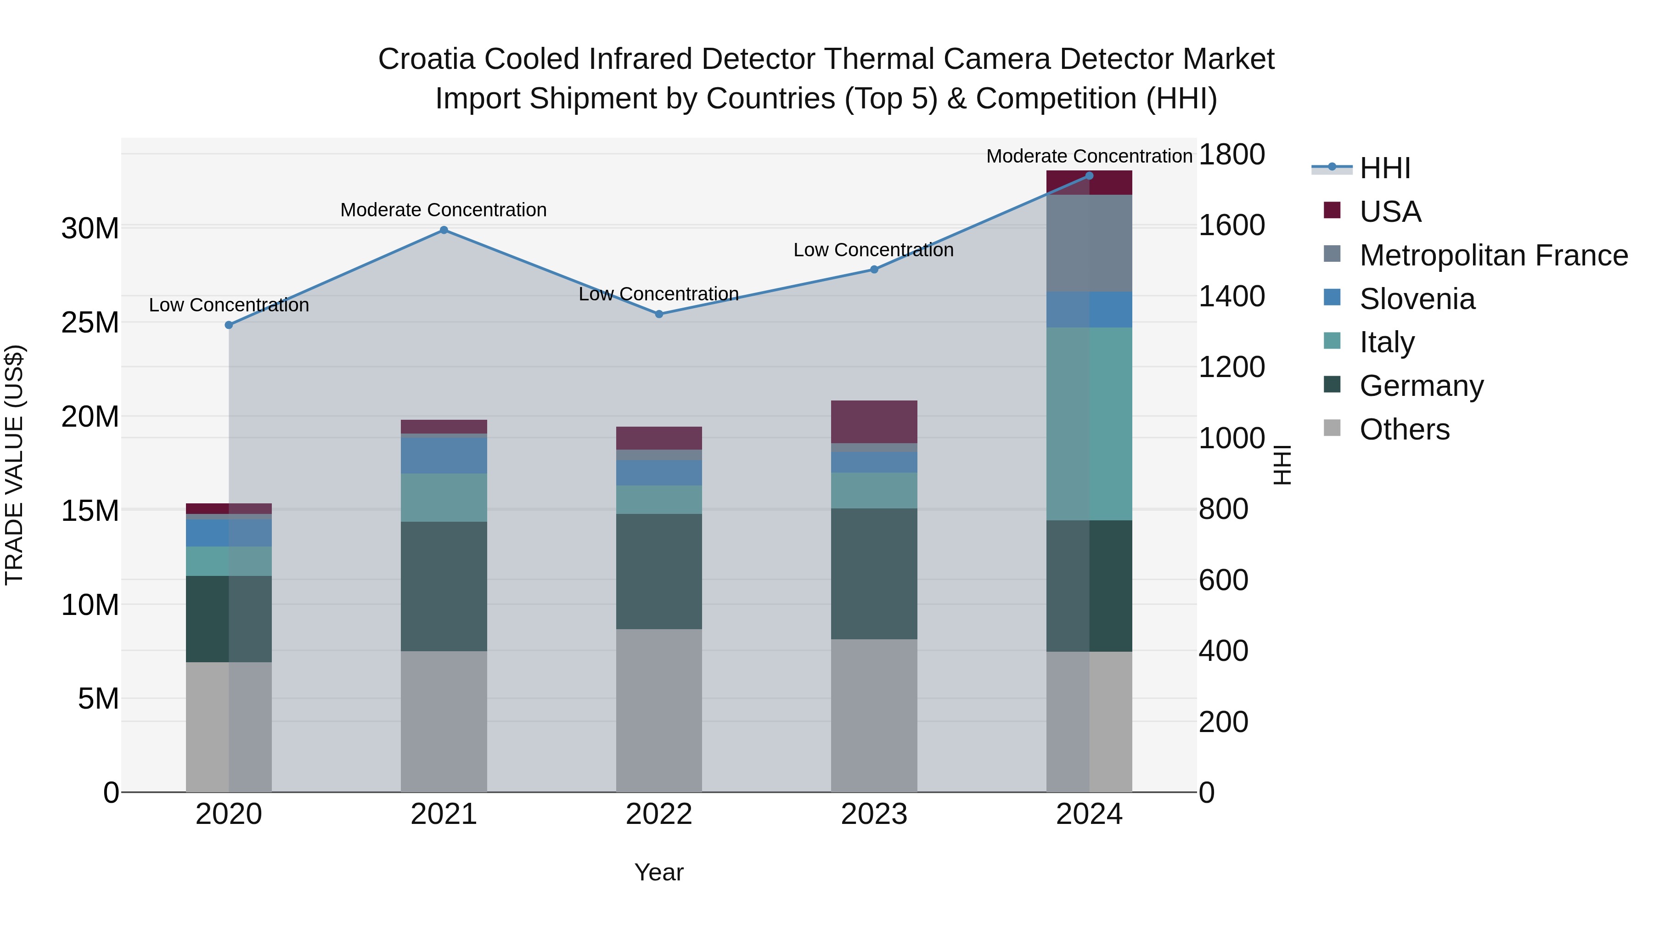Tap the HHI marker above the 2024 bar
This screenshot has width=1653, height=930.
(1089, 176)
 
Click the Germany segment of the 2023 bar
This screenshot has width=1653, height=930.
(874, 574)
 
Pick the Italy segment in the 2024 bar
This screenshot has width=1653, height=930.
(1089, 423)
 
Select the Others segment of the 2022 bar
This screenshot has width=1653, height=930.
(659, 710)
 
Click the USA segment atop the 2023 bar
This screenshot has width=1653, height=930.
(874, 422)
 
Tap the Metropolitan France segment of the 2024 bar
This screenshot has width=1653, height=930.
(1089, 243)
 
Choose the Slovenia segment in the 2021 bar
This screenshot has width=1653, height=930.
(444, 454)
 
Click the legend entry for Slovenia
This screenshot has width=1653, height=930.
(1417, 299)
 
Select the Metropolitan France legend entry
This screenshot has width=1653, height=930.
(1493, 255)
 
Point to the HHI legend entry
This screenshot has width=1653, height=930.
(1384, 168)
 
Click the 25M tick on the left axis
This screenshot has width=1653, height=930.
(90, 323)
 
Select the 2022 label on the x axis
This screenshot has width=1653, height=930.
(659, 814)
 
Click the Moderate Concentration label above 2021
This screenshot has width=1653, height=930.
(444, 210)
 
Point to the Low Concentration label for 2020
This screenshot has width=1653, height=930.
(229, 305)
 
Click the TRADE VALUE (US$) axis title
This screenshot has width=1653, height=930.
(14, 465)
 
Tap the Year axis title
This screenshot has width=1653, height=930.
(659, 872)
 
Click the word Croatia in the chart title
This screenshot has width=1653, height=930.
(426, 59)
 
